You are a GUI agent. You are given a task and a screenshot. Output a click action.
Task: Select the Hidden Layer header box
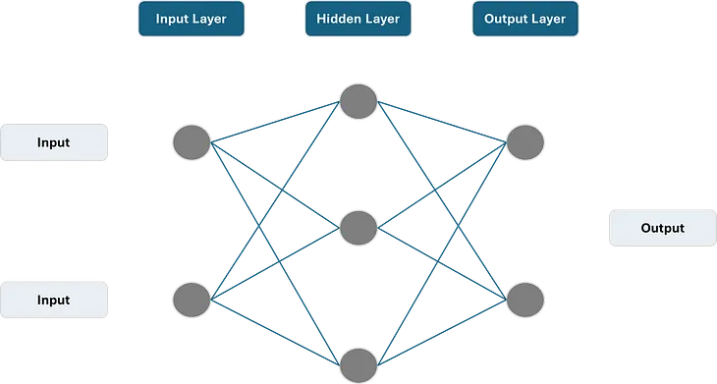pyautogui.click(x=358, y=19)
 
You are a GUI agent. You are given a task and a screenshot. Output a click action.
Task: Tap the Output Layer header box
pyautogui.click(x=524, y=19)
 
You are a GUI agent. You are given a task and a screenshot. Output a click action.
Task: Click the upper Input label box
pyautogui.click(x=53, y=142)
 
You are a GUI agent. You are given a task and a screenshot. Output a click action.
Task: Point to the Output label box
pyautogui.click(x=661, y=228)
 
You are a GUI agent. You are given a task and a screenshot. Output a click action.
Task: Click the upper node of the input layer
pyautogui.click(x=192, y=142)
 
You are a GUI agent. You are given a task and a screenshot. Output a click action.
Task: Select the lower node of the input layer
pyautogui.click(x=192, y=297)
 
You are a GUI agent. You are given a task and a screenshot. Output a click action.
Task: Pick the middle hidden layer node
pyautogui.click(x=358, y=228)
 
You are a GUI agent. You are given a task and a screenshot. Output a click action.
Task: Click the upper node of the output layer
pyautogui.click(x=524, y=142)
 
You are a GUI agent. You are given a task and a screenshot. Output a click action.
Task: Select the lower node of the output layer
pyautogui.click(x=524, y=297)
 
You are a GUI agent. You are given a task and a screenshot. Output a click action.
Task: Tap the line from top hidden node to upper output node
pyautogui.click(x=441, y=121)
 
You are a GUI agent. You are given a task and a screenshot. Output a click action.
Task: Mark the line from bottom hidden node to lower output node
pyautogui.click(x=441, y=329)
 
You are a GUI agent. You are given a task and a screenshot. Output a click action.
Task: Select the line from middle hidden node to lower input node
pyautogui.click(x=275, y=262)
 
